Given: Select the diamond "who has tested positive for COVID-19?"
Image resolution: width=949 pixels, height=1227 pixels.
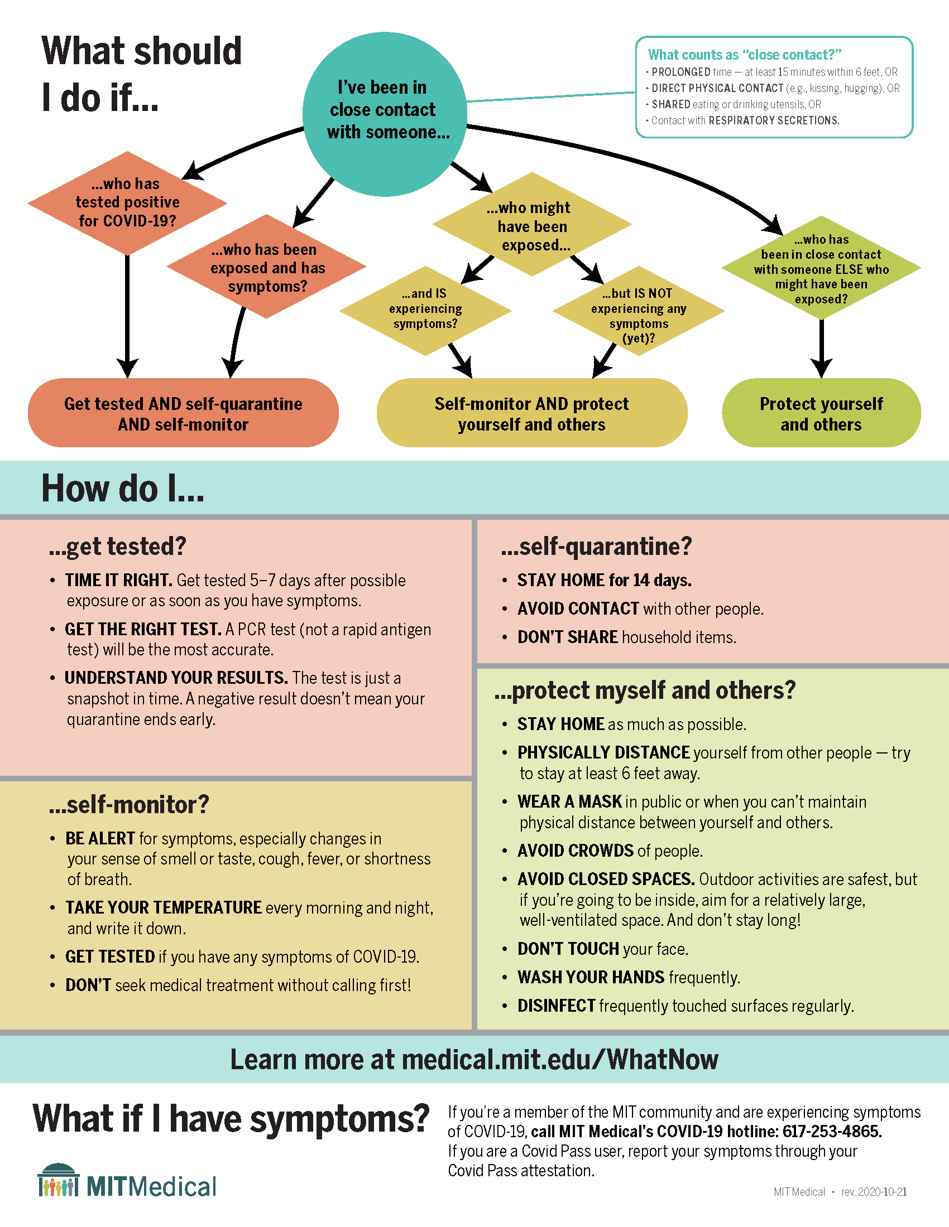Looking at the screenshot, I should (128, 203).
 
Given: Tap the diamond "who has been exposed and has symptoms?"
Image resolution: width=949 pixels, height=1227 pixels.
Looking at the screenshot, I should (267, 267).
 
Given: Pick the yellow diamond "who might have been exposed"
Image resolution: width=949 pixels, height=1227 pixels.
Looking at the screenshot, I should (533, 225).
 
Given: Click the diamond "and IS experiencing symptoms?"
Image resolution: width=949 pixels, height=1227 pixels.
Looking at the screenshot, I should (425, 310).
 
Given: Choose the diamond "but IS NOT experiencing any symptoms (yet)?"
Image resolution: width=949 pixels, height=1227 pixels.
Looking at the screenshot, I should (639, 312).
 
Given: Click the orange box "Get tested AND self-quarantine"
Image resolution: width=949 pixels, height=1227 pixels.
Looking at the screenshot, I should (183, 413).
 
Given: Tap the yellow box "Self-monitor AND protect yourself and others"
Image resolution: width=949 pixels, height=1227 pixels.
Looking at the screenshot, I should (531, 413).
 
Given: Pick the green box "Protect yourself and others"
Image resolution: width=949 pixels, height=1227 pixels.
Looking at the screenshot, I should (821, 413).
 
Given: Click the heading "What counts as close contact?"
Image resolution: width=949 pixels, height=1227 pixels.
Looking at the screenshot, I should (744, 55).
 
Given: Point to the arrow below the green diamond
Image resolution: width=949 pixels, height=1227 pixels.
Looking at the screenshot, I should (821, 349).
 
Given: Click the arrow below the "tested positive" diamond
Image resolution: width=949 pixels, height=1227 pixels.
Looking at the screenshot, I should (128, 315).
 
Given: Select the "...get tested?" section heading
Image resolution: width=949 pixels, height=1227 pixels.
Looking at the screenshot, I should (117, 547).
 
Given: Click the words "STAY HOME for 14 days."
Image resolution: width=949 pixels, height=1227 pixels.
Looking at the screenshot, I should (604, 581).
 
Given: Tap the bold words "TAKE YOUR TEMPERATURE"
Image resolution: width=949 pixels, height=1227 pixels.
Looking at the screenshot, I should (164, 908).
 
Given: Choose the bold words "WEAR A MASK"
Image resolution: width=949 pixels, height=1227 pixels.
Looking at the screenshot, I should (569, 801).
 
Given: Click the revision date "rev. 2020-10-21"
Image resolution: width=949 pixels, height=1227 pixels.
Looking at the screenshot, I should (874, 1192).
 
